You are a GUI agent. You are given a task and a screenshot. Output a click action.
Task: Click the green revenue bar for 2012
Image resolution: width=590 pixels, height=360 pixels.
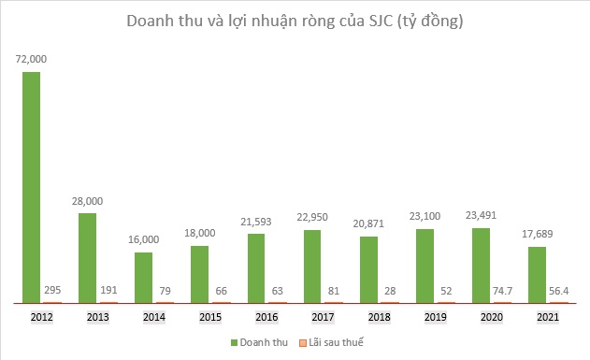[x=32, y=187]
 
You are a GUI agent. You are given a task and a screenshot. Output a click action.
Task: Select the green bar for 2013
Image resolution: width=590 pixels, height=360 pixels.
[x=88, y=258]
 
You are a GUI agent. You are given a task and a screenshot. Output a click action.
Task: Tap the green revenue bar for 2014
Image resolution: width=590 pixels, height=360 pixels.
[x=144, y=278]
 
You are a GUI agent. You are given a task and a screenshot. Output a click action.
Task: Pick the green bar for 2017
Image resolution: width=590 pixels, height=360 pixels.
[x=312, y=266]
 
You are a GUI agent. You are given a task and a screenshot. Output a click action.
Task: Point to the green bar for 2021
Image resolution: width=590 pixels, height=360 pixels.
[x=537, y=275]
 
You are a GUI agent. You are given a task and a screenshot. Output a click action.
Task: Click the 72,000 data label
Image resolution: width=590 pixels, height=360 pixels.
[x=31, y=58]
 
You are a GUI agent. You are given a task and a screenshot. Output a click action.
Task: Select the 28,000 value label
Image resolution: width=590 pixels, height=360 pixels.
[x=88, y=200]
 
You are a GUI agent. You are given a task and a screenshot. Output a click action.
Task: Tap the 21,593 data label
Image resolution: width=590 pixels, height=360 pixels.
[x=256, y=221]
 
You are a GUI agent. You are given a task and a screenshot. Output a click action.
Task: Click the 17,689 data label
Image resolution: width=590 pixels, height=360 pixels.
[x=537, y=234]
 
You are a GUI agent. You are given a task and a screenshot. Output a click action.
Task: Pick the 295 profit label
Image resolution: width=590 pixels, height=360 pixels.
[x=53, y=290]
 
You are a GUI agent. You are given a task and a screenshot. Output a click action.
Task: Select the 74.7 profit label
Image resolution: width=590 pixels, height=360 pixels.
[x=502, y=290]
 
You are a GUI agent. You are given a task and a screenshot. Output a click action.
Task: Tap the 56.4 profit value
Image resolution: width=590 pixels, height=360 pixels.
[x=558, y=290]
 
